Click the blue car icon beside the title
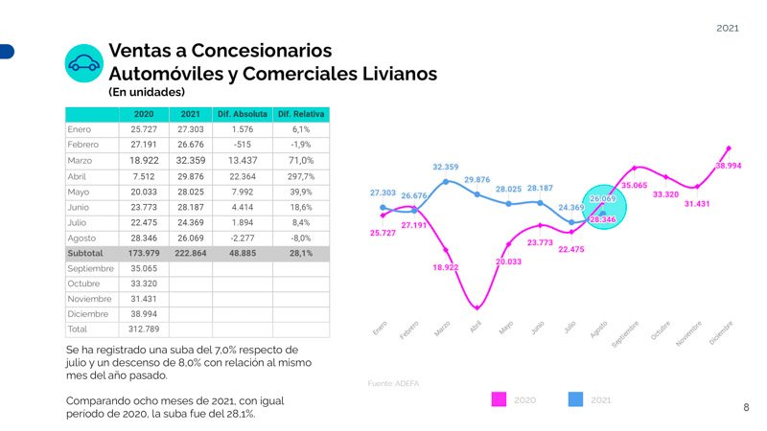click(83, 62)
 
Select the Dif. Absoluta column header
click(243, 115)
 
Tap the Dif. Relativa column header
click(301, 115)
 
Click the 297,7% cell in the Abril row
click(301, 176)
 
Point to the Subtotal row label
click(85, 253)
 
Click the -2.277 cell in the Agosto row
click(243, 238)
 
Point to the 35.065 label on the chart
click(635, 185)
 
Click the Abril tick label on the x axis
click(476, 327)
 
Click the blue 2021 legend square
click(577, 398)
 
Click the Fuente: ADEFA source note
click(393, 383)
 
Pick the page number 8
click(746, 408)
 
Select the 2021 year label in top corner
click(728, 29)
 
